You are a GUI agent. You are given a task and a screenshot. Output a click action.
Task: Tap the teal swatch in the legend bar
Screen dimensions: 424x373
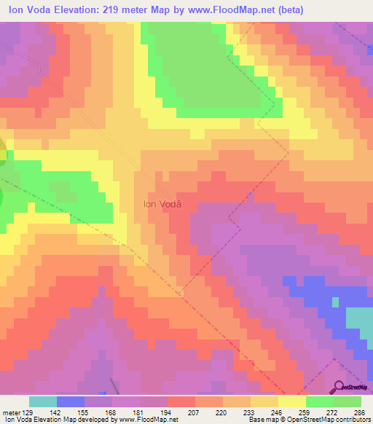pyautogui.click(x=43, y=401)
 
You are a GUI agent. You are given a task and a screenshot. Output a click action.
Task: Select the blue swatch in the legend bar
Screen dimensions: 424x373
pyautogui.click(x=71, y=401)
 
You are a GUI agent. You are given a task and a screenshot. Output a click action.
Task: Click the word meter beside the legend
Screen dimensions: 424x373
pyautogui.click(x=12, y=412)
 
